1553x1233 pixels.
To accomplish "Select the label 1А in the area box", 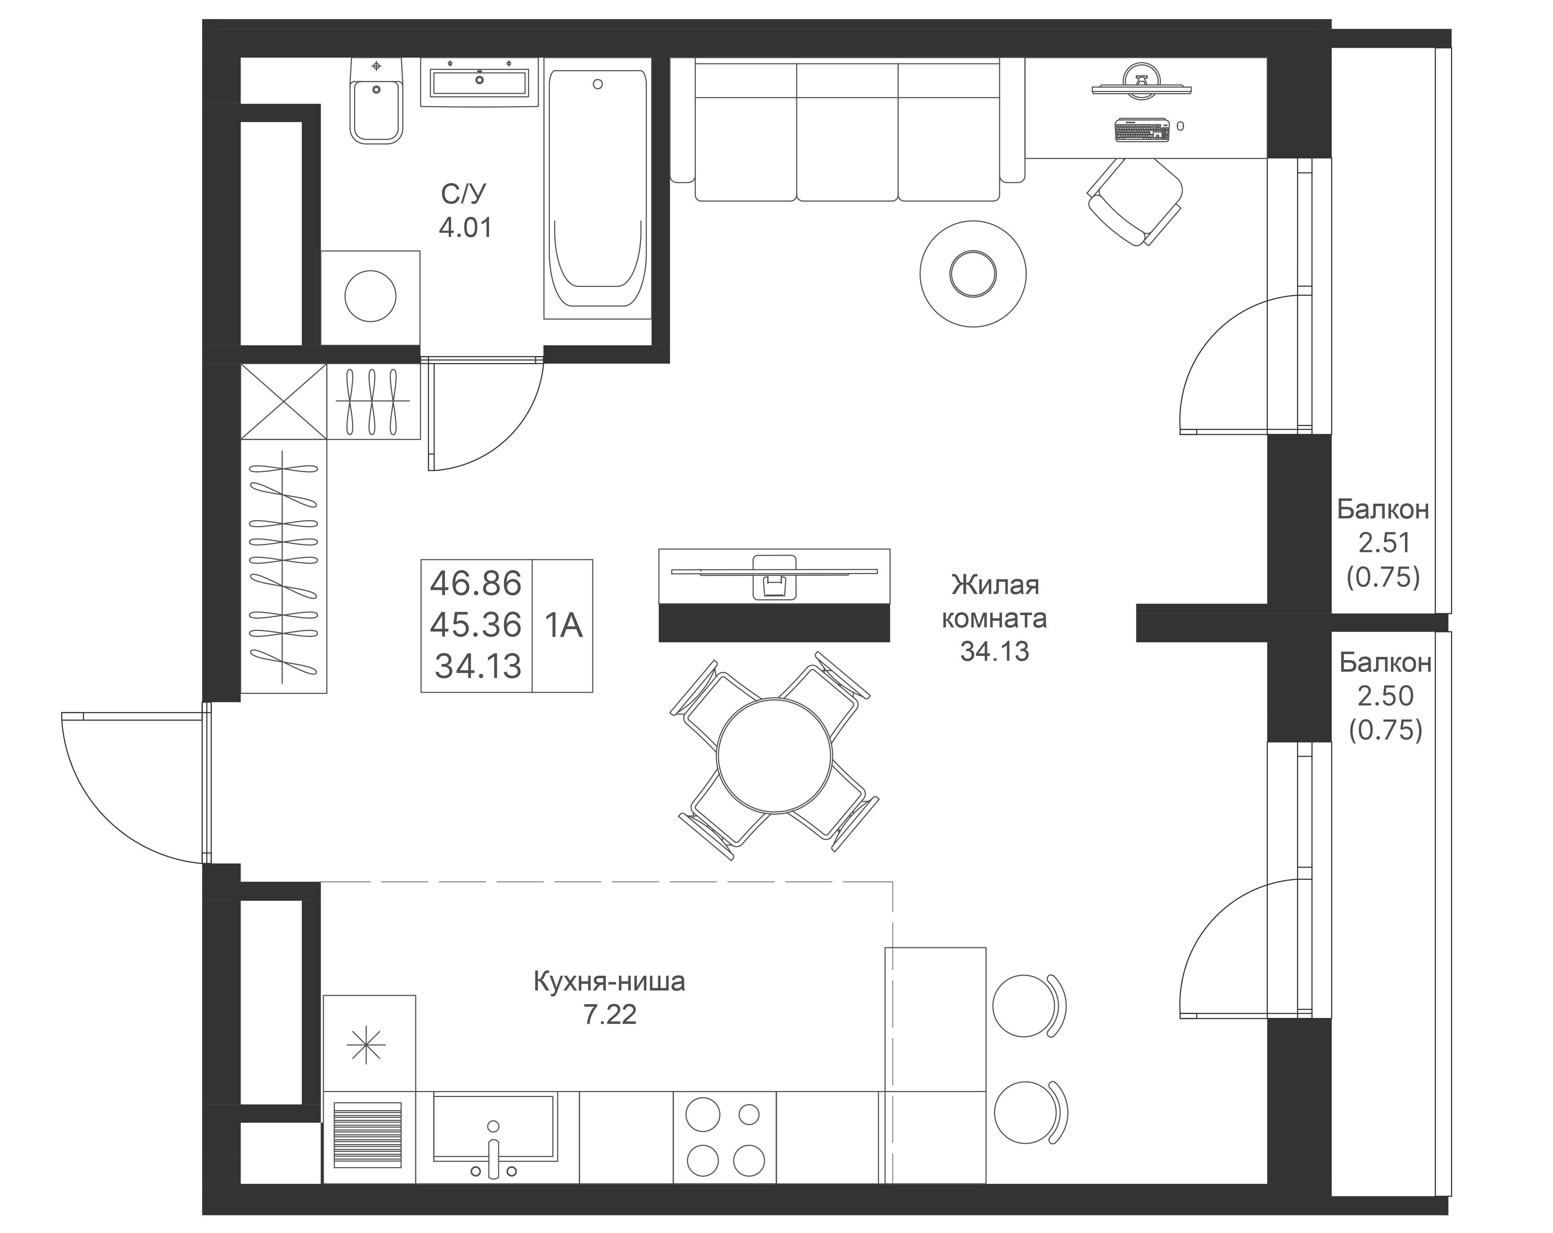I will click(x=563, y=625).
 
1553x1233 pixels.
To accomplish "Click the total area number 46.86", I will click(x=475, y=583).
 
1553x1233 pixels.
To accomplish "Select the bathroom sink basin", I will click(x=479, y=80).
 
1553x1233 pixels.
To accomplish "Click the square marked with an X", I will click(x=284, y=401).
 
